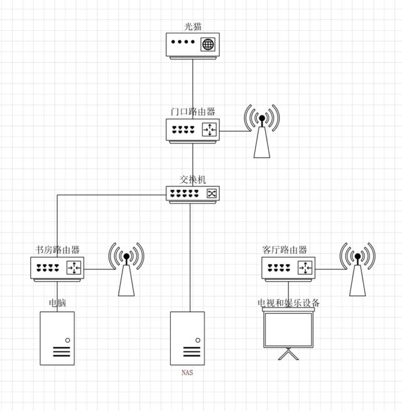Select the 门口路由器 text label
coord(193,111)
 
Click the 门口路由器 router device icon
coord(193,131)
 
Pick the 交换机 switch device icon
coord(193,194)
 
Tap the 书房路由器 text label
coord(57,250)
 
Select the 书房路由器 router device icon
coord(57,269)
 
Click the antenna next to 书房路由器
coord(126,269)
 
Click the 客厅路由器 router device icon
coord(288,269)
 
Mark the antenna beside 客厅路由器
coord(357,269)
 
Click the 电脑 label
coord(57,303)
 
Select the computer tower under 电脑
coord(57,339)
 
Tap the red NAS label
coord(187,373)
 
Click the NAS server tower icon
coord(187,339)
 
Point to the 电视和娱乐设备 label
coord(289,303)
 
